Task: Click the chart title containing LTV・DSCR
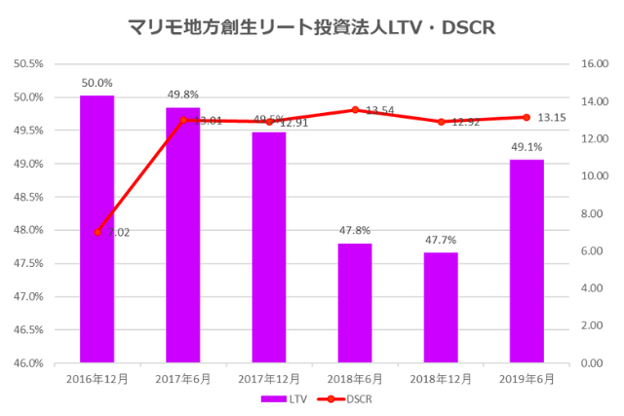tap(312, 27)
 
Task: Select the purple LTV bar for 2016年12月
tap(97, 229)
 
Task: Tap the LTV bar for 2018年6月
tap(355, 303)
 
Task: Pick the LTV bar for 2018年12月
tap(441, 307)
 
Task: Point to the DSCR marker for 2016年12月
tap(97, 232)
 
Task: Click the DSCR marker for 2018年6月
tap(355, 110)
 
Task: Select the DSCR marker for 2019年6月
tap(526, 117)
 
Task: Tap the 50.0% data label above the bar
tap(97, 84)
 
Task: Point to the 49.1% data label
tap(526, 148)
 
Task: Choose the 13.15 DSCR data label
tap(553, 118)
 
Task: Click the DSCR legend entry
tap(345, 398)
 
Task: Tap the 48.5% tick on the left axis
tap(28, 197)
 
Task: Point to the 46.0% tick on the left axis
tap(28, 363)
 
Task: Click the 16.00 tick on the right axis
tap(595, 64)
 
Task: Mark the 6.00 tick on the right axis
tap(593, 251)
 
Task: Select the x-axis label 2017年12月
tap(269, 377)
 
